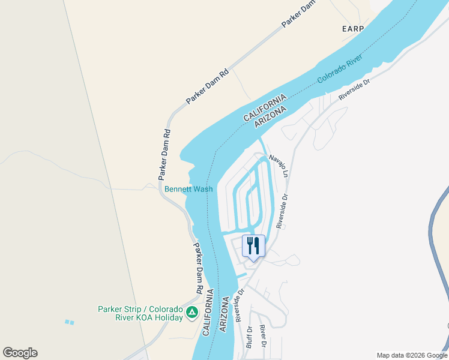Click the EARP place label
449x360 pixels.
click(x=353, y=29)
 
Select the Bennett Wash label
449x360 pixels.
click(x=188, y=189)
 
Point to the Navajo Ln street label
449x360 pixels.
click(x=279, y=165)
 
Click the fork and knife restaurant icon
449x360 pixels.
click(x=253, y=245)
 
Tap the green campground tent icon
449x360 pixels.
click(x=191, y=313)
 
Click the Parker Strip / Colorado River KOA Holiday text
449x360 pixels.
click(x=140, y=313)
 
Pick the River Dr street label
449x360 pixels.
click(x=262, y=337)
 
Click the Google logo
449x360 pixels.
click(x=20, y=353)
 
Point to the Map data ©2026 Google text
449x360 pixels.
click(x=412, y=355)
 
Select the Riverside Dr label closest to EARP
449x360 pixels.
click(x=354, y=89)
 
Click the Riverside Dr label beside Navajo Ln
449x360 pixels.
click(x=282, y=210)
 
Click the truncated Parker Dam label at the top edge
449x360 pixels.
click(x=298, y=14)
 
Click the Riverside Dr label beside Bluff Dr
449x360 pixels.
click(x=240, y=306)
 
